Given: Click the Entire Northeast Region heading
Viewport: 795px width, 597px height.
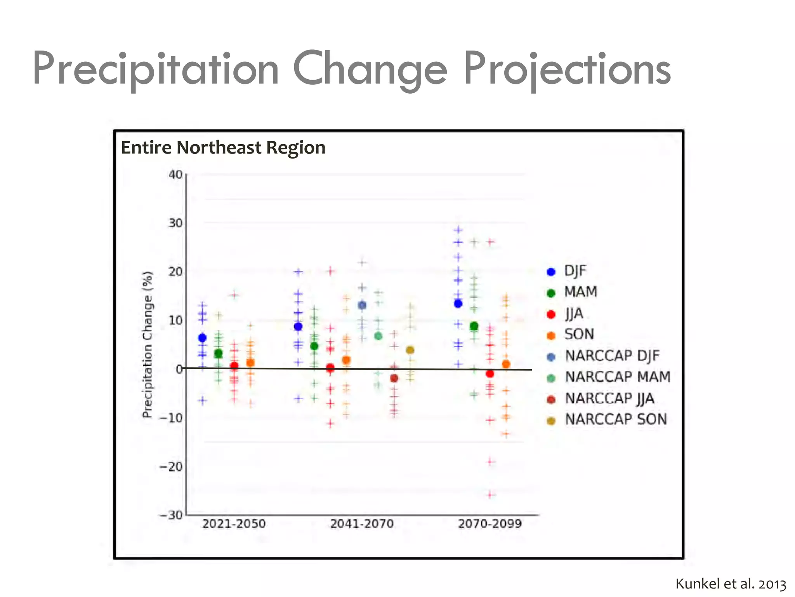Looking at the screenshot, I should [x=223, y=148].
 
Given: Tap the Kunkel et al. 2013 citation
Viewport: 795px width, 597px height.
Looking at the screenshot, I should [x=731, y=584].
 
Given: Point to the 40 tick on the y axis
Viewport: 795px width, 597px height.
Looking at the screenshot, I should [x=175, y=175].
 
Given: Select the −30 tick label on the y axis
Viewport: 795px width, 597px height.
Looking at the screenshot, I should [x=171, y=515].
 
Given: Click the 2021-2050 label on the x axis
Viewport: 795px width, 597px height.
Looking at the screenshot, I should [x=234, y=524].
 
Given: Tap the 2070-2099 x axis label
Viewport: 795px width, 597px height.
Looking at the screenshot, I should [x=490, y=524].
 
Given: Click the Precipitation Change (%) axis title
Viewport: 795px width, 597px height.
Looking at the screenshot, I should [x=148, y=344].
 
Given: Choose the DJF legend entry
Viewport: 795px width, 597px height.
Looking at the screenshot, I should [x=575, y=271].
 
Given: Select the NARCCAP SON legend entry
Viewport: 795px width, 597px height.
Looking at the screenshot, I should [x=616, y=419].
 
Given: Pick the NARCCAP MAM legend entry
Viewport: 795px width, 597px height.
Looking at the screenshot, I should [x=617, y=377].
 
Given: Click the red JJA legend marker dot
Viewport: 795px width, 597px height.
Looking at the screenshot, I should [x=551, y=314].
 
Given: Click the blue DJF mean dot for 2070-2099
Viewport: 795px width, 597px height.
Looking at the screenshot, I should [x=458, y=304].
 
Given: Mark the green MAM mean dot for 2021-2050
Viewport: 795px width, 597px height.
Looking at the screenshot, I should [x=219, y=354].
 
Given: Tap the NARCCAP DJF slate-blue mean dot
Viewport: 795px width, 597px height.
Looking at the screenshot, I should [x=362, y=305].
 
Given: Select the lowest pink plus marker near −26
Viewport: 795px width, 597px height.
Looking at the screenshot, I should [x=491, y=495].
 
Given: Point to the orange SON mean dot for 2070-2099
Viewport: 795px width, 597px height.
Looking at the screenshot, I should [x=506, y=364].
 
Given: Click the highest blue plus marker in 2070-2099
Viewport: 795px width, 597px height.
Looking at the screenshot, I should [x=458, y=230].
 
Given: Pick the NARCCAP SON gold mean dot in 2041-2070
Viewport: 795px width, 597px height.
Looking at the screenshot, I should [x=410, y=350].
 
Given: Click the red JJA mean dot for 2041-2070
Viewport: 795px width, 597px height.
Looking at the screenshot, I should [x=330, y=368].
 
